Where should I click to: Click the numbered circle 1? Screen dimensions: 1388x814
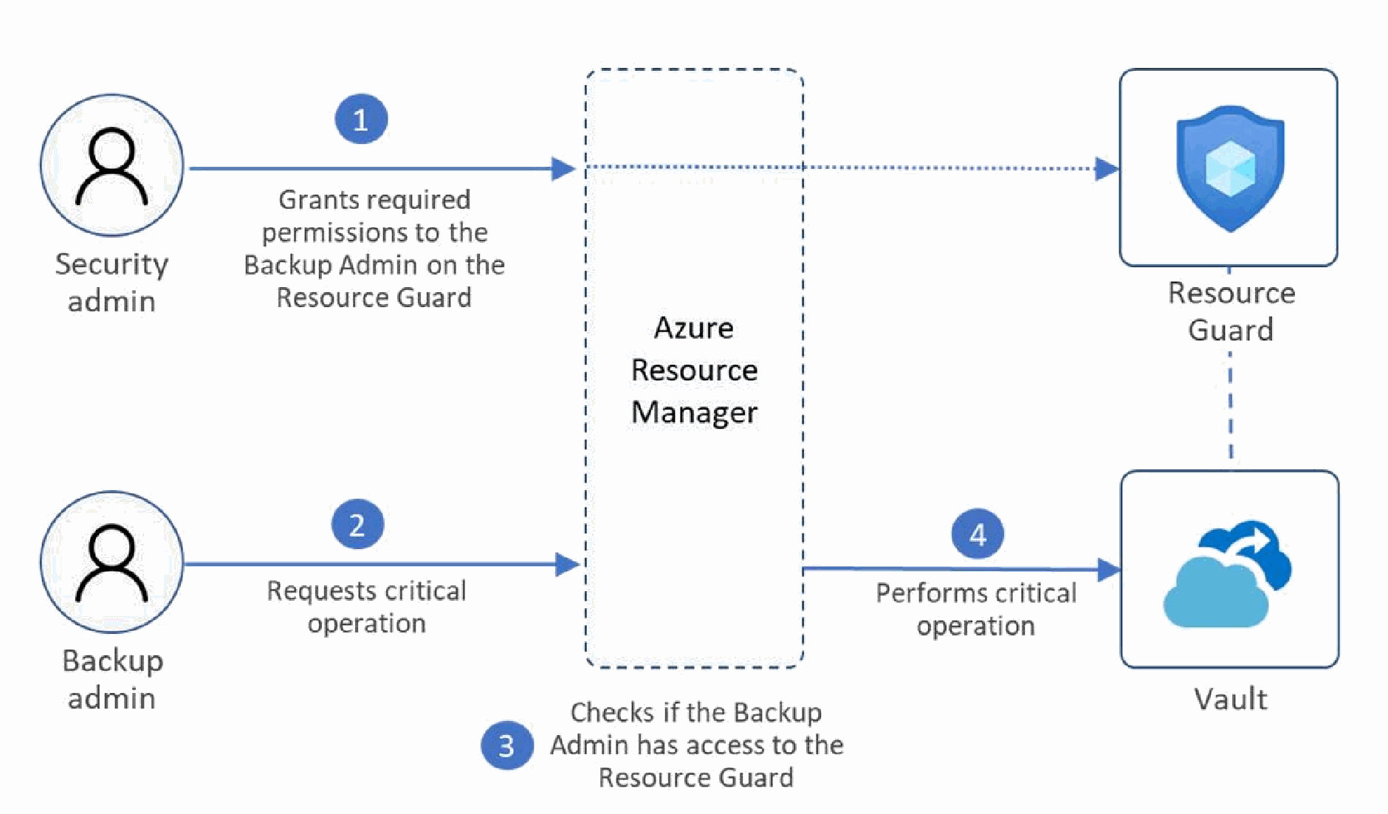pos(361,119)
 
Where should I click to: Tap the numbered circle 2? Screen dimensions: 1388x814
pos(357,525)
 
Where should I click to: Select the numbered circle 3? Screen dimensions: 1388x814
pos(507,745)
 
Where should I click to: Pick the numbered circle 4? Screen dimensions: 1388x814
pos(978,534)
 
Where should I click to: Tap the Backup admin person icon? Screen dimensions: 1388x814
pos(111,562)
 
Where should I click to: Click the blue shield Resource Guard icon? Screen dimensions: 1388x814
pos(1230,168)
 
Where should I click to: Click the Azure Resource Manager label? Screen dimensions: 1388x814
pos(694,370)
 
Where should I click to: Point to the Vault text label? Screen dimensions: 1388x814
pos(1231,698)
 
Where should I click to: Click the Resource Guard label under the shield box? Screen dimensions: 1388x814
pos(1231,311)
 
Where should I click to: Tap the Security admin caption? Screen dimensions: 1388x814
pos(111,282)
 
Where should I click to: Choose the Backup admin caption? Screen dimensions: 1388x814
pos(112,679)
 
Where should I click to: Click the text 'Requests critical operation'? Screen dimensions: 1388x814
pos(367,607)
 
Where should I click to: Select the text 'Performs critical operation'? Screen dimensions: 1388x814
pos(976,609)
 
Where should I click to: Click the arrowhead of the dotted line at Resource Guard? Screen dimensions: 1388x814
pos(1107,168)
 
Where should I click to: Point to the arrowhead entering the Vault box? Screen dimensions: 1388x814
pos(1110,569)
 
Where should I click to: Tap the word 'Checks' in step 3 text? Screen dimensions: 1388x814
pos(614,712)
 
